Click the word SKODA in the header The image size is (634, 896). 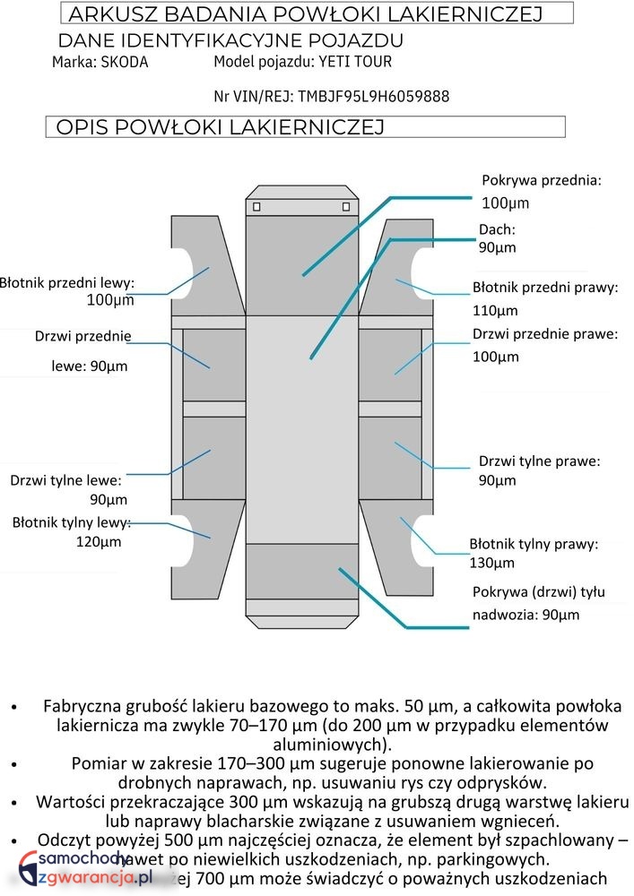125,63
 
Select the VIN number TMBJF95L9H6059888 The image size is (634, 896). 373,96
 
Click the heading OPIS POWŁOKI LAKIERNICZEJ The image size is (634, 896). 220,127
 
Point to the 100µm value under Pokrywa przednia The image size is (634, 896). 506,202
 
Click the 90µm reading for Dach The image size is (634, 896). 497,247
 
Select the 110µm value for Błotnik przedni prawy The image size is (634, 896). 495,311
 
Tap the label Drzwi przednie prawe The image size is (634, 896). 544,334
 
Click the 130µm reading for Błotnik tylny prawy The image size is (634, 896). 491,563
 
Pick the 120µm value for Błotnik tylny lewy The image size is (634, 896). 99,541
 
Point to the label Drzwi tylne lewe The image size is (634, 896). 65,479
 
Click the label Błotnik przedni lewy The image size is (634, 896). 67,282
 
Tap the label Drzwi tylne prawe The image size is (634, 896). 539,461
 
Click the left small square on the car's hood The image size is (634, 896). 257,207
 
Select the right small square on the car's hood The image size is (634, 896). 346,207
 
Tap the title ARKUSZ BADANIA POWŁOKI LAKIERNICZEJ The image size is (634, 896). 306,13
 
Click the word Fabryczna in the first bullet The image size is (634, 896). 82,706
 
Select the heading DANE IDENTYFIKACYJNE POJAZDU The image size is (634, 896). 230,40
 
